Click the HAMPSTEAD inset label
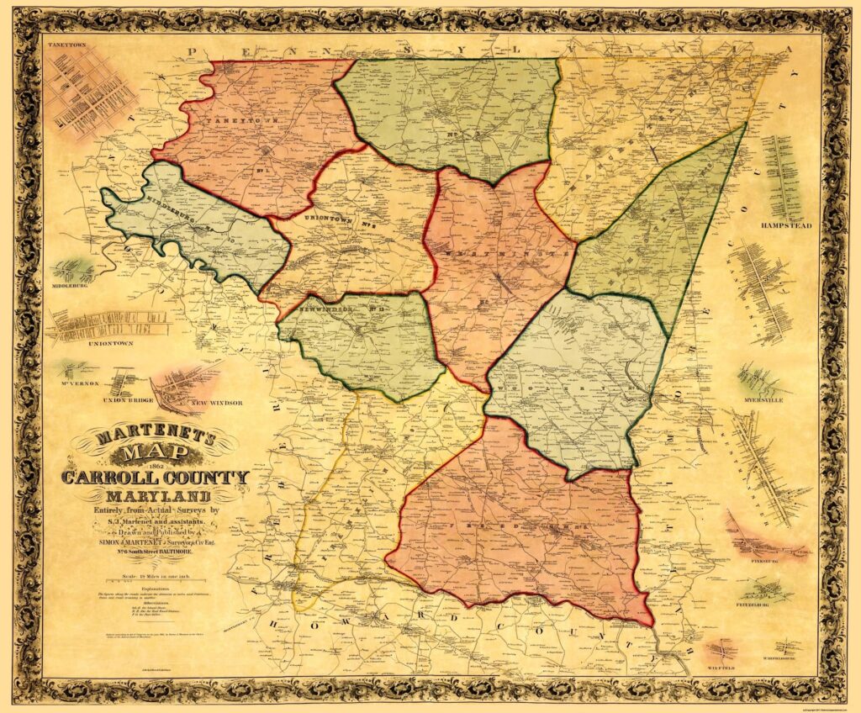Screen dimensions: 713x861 787,226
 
